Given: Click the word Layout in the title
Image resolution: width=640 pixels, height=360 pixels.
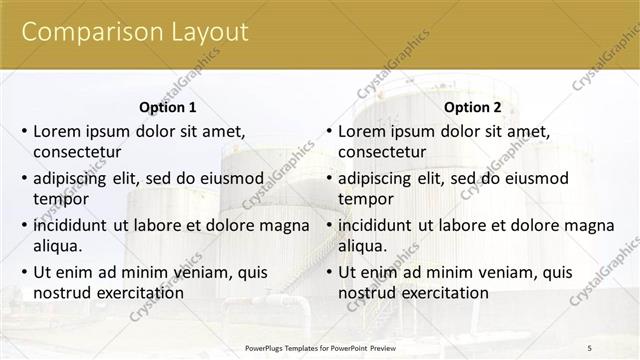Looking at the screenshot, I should pos(208,32).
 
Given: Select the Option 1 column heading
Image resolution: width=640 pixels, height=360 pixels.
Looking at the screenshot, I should pos(167,107).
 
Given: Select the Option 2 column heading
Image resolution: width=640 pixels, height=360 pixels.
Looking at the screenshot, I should pos(472,107).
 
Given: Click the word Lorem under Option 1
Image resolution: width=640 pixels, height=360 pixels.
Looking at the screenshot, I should pos(58,131).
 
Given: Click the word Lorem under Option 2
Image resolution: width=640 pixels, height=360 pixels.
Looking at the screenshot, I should pos(363,131).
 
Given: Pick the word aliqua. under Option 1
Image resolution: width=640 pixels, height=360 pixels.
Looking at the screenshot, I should pos(58,246).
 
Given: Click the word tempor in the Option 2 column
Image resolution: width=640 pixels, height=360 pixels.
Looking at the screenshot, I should pos(366,199).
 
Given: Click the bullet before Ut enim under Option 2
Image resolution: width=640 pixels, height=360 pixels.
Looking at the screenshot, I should pos(327,272).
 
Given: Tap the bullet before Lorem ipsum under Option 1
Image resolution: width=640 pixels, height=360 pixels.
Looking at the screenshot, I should pos(22,131).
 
